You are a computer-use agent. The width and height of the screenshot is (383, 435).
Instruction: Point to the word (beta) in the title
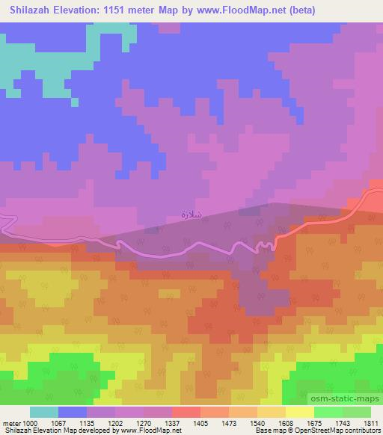pyautogui.click(x=298, y=10)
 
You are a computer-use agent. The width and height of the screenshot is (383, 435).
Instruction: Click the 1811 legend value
pyautogui.click(x=371, y=422)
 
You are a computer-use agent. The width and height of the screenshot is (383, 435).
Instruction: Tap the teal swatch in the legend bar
pyautogui.click(x=44, y=412)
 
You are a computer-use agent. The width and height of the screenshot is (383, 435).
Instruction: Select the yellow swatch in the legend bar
pyautogui.click(x=300, y=412)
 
